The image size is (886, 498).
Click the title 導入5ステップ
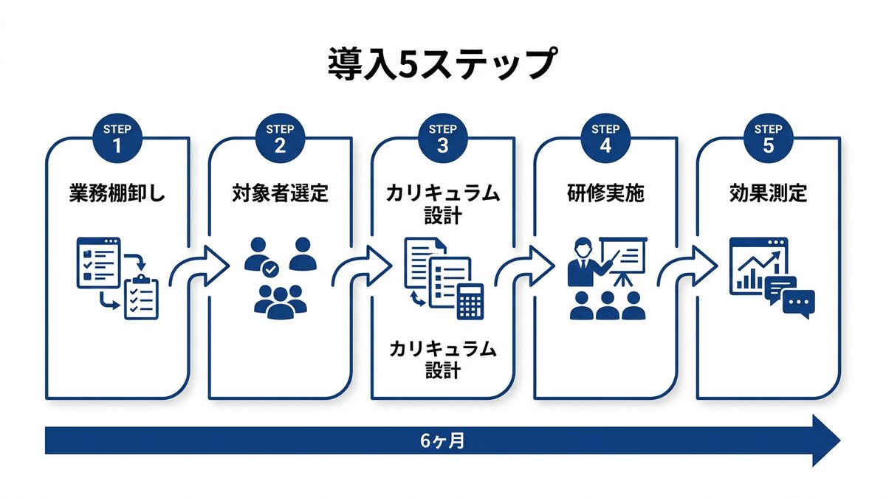[442, 64]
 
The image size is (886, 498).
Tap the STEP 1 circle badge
[117, 138]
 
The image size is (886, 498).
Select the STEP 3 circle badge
[442, 138]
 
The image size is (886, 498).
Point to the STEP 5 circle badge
[768, 138]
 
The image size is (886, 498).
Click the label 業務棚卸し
[117, 194]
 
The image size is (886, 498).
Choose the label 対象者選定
[280, 194]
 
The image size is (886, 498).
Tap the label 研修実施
[605, 194]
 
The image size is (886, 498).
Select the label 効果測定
[768, 194]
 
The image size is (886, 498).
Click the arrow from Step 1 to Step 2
[199, 266]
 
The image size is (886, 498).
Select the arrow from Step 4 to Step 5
[687, 266]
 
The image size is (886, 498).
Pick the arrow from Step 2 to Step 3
[362, 266]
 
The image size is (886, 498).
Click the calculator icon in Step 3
[470, 301]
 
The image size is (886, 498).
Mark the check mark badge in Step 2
[271, 270]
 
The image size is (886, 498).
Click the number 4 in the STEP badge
[605, 145]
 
